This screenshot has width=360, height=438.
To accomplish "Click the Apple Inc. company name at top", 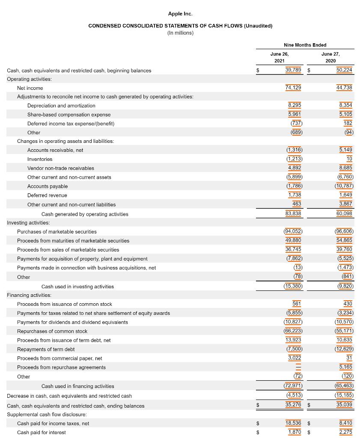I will (180, 14).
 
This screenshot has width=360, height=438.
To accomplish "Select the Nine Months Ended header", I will (305, 45).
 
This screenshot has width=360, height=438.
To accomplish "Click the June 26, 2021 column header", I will (280, 57).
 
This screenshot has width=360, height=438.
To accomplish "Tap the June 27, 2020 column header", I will (330, 57).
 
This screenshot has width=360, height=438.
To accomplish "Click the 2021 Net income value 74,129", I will (293, 87).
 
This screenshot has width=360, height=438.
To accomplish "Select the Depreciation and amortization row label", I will (61, 106).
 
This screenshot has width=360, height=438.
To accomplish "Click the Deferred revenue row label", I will (47, 195).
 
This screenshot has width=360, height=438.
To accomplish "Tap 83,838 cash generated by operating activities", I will (293, 213).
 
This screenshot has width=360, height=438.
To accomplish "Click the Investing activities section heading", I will (28, 222).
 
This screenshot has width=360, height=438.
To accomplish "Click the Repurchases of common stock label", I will (52, 331).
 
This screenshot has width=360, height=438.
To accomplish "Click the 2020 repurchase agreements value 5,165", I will (345, 367).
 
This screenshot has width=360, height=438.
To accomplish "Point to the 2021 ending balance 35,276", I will (293, 405).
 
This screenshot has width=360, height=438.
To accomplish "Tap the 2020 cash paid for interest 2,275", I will (345, 432).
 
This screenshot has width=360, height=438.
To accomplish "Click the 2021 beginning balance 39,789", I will (293, 70).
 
